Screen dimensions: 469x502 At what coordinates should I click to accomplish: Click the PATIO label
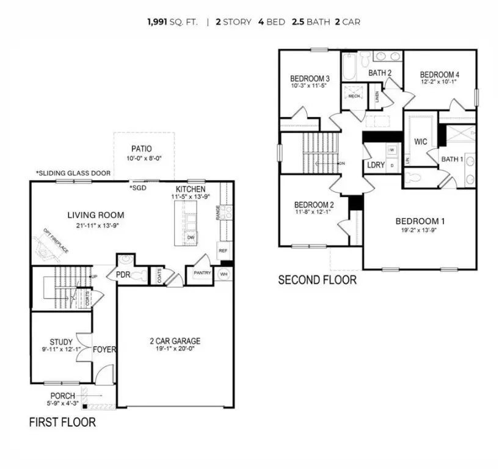(141, 148)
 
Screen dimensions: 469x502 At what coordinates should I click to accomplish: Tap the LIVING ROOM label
(95, 215)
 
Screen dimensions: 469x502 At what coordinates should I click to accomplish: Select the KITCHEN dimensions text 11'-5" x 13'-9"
(190, 197)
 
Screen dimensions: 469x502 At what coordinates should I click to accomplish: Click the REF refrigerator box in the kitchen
(223, 250)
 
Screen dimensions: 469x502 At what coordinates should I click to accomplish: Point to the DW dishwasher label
(191, 237)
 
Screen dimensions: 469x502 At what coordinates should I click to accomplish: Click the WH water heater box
(225, 274)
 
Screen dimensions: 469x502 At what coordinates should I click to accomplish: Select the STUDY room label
(61, 342)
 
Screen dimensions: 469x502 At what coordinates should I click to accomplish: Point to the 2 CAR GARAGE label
(175, 341)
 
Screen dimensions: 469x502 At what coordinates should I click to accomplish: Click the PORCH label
(63, 396)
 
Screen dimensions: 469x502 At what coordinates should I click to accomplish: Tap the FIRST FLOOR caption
(62, 422)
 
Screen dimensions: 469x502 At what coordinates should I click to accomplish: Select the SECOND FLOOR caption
(317, 280)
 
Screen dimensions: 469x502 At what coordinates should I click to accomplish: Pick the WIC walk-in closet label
(420, 142)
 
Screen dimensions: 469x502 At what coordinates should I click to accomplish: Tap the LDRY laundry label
(375, 165)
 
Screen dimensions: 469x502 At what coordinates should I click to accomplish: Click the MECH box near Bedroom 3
(354, 96)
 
